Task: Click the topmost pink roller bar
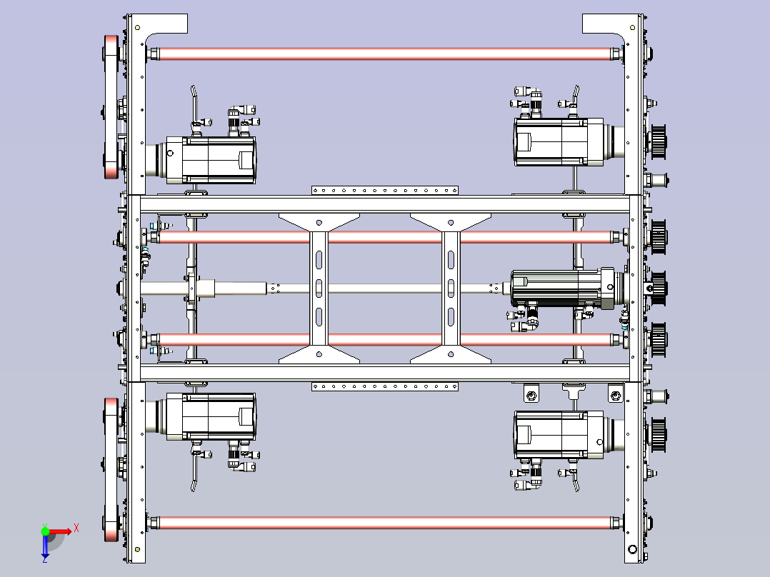click(x=386, y=54)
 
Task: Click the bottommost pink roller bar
click(x=386, y=523)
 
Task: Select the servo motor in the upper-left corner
click(x=206, y=160)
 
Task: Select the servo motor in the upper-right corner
click(x=565, y=141)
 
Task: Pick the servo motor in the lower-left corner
click(x=206, y=416)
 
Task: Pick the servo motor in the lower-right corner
click(x=565, y=435)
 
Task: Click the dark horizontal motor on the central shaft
click(x=567, y=288)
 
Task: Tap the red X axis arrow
click(x=61, y=531)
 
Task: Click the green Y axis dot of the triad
click(x=45, y=531)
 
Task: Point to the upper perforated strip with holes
click(x=385, y=190)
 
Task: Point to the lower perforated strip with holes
click(x=385, y=387)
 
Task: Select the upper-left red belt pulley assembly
click(x=111, y=106)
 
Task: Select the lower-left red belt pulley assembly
click(x=111, y=470)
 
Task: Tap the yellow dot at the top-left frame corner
click(x=137, y=28)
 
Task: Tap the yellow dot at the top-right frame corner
click(x=633, y=28)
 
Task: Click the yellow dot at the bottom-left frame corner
click(x=137, y=549)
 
